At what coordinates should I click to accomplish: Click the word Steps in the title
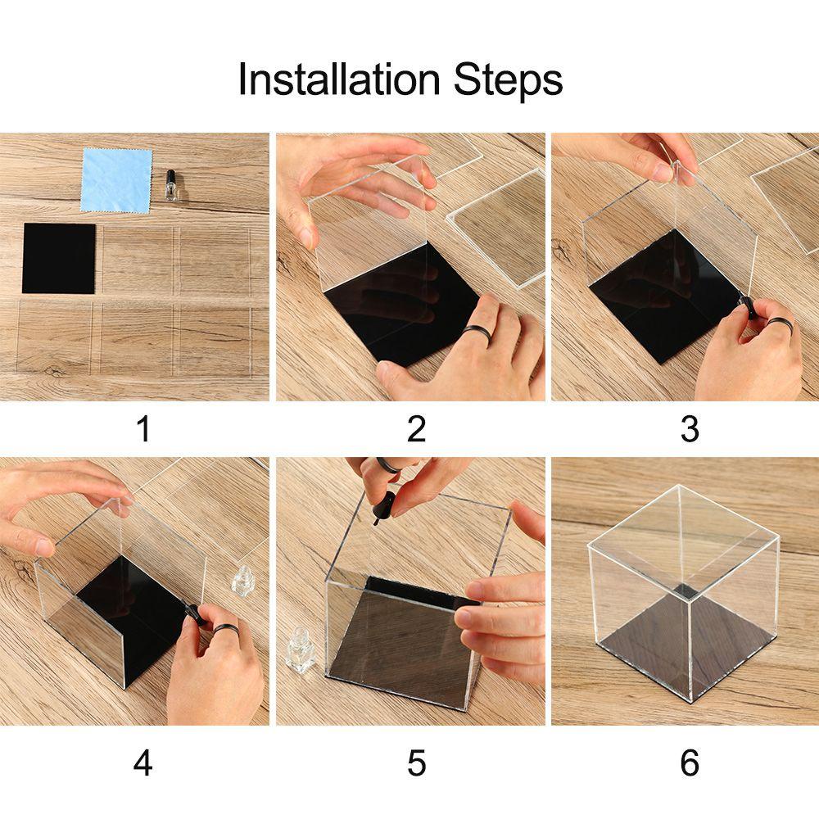click(508, 80)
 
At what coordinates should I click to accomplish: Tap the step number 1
click(143, 428)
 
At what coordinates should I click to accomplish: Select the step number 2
click(416, 428)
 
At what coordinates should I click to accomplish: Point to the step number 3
click(690, 428)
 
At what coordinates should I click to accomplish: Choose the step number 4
click(143, 763)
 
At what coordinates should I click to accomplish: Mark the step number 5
click(416, 763)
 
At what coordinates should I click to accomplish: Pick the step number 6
click(690, 763)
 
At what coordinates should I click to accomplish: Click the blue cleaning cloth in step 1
click(116, 180)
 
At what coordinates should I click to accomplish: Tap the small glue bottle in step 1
click(170, 185)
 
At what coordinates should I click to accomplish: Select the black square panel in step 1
click(59, 258)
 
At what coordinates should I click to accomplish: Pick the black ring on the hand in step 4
click(226, 631)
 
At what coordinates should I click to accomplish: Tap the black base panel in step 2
click(401, 304)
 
